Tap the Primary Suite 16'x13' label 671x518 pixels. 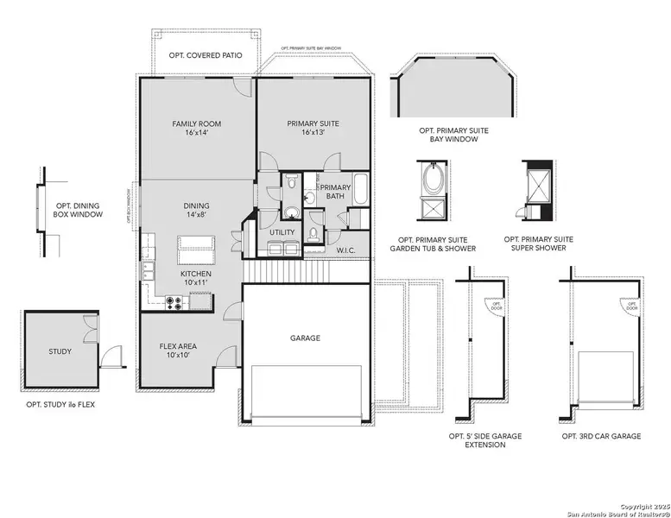[x=313, y=129]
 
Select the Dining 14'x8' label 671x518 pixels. [x=196, y=211]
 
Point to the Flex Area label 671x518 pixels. [x=179, y=351]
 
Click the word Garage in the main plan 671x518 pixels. [x=305, y=338]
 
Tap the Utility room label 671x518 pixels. [x=282, y=232]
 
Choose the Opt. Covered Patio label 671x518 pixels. [x=206, y=55]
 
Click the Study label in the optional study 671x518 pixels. [x=60, y=351]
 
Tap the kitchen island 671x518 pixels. [x=195, y=249]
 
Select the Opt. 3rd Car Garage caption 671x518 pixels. [x=601, y=437]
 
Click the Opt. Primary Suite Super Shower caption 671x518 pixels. [x=538, y=243]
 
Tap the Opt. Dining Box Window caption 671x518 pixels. [x=79, y=210]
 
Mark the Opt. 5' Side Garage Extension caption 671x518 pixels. [x=493, y=441]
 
